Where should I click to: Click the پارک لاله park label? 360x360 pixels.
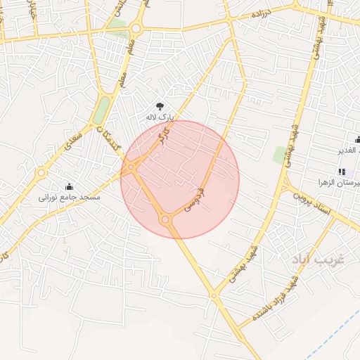(x=158, y=116)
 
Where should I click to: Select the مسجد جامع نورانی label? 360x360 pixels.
(x=70, y=198)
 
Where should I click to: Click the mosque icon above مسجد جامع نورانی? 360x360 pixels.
(x=70, y=186)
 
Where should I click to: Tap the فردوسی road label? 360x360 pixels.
(x=195, y=199)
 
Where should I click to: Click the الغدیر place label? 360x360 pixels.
(x=349, y=150)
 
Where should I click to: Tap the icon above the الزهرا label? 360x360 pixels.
(x=342, y=172)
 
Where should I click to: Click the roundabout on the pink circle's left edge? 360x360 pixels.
(x=132, y=167)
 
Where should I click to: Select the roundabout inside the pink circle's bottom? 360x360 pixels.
(x=166, y=220)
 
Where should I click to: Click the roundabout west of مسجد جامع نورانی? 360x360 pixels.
(x=41, y=172)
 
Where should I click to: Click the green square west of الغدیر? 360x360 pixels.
(x=281, y=154)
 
